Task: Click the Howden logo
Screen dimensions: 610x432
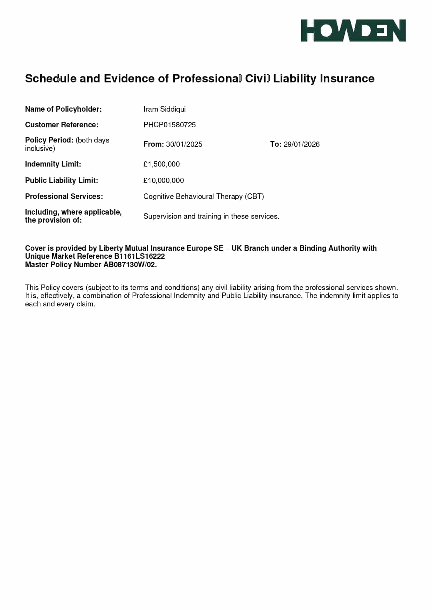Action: click(x=353, y=31)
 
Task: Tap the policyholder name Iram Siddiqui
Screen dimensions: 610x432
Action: click(x=164, y=109)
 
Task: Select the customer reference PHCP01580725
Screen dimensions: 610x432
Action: click(x=170, y=125)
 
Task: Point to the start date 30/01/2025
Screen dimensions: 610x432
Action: click(x=184, y=144)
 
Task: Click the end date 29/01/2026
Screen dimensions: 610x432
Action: click(x=301, y=144)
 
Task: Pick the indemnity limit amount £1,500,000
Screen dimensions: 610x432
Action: click(x=162, y=164)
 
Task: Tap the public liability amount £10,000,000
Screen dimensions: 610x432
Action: click(x=164, y=180)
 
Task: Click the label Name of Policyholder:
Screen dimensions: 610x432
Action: click(x=63, y=109)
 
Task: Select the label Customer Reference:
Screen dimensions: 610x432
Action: click(x=62, y=125)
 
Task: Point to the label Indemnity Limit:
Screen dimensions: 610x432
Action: click(x=53, y=164)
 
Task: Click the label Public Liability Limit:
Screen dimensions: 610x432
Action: click(x=62, y=180)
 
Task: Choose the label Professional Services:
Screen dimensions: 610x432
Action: click(x=64, y=196)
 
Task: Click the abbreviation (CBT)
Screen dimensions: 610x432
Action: click(x=254, y=196)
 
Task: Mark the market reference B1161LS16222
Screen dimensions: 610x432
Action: click(x=139, y=256)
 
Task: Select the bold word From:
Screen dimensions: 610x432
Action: click(x=154, y=144)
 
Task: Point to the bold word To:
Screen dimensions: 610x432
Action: click(x=276, y=144)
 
